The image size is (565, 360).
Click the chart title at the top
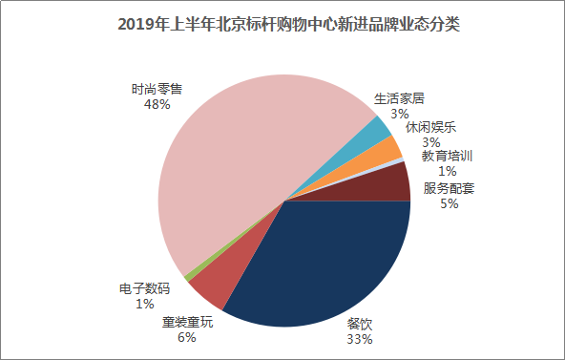coord(289,25)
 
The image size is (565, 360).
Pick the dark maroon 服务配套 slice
coord(389,185)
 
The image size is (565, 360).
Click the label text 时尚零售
coord(157,89)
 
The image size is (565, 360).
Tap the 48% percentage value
coord(157,104)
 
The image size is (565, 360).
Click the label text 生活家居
coord(399,98)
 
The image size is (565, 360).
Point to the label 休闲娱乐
coord(431,127)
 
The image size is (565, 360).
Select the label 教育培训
coord(448,156)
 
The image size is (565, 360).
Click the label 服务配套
coord(449,188)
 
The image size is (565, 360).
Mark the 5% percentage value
coord(449,204)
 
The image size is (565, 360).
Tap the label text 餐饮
coord(360,324)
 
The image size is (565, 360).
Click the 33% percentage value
coord(360,339)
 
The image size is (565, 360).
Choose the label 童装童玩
coord(187,322)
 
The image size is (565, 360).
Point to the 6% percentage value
coord(187,337)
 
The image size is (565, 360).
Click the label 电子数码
coord(144,288)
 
